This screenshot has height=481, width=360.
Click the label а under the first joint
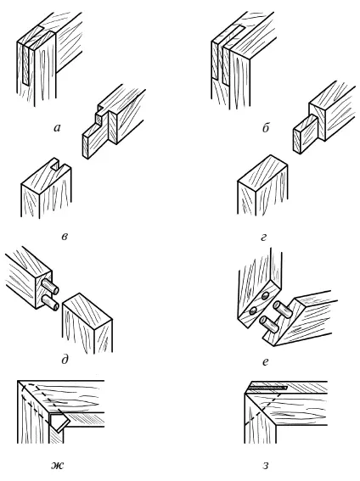tap(57, 127)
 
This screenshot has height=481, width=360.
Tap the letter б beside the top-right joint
tap(266, 127)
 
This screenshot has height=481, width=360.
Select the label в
tap(65, 237)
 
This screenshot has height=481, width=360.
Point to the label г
tap(263, 237)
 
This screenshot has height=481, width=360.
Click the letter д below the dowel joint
tap(65, 359)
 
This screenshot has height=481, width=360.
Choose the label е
tap(266, 361)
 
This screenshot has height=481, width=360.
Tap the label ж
tap(58, 466)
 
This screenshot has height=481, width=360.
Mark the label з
tap(266, 466)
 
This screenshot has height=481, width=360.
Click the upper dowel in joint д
tap(50, 286)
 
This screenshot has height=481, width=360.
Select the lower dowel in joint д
tap(50, 302)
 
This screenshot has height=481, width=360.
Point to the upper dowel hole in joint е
tap(266, 295)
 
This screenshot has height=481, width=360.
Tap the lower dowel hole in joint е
tap(253, 311)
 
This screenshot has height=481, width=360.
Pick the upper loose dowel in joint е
tap(282, 309)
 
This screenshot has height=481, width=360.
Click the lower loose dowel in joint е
tap(269, 324)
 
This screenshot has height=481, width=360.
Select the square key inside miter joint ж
tap(59, 420)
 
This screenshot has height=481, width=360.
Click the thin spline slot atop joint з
tap(267, 388)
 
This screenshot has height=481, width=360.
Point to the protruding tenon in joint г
tap(306, 133)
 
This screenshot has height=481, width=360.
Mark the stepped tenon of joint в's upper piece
tap(95, 135)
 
